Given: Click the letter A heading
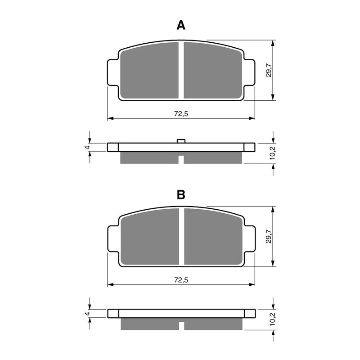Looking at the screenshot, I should (x=180, y=26).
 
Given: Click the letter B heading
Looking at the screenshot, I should (x=180, y=195).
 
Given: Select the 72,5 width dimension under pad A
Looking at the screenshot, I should (x=181, y=114).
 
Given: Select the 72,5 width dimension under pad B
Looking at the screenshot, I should (x=181, y=280).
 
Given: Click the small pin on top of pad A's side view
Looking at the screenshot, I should (x=181, y=141).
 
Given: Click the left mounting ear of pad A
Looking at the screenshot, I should (x=112, y=72).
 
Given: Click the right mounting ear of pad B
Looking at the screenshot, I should (x=250, y=238).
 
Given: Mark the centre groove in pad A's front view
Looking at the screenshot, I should (x=181, y=71).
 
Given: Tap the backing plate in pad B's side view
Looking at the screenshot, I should (x=181, y=313).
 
